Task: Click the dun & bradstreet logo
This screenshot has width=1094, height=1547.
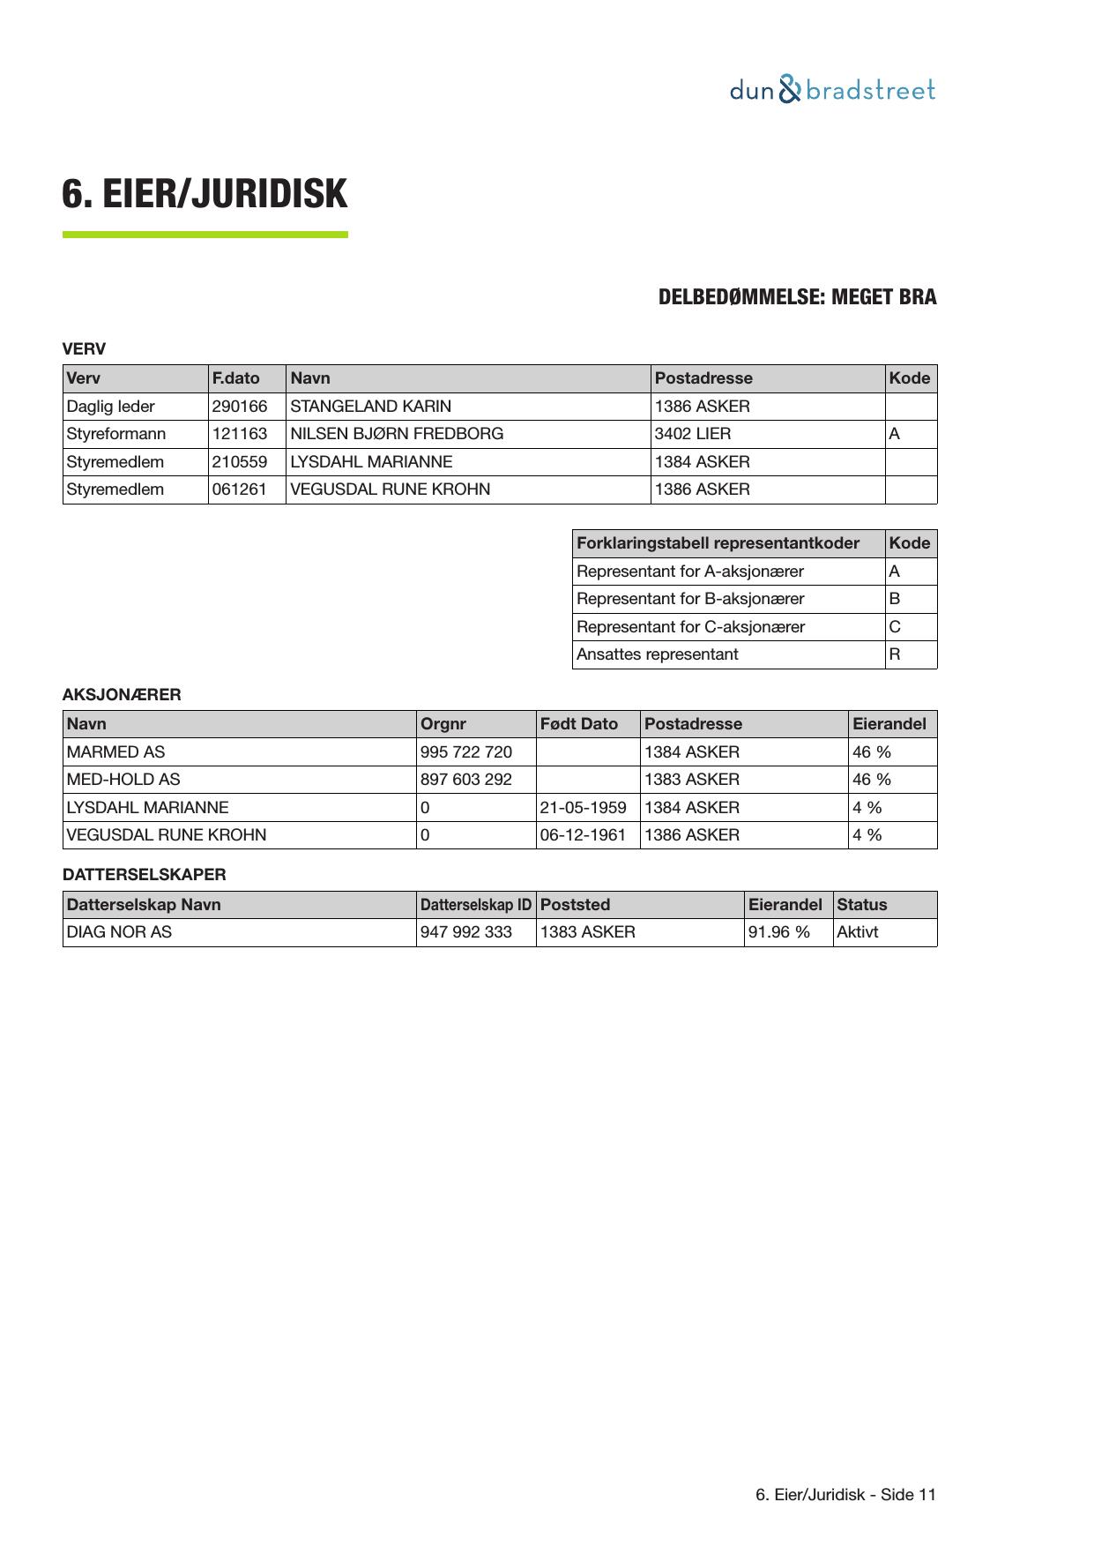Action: point(832,90)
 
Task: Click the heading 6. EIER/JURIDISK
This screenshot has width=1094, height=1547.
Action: point(205,194)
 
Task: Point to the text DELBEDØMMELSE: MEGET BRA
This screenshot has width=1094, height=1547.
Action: point(797,297)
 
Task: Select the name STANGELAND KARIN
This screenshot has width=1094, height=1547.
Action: point(370,407)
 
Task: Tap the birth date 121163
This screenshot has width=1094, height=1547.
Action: point(240,434)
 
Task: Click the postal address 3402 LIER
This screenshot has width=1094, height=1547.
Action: point(693,434)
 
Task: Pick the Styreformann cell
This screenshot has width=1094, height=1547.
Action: point(116,434)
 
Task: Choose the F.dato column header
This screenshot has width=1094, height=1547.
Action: point(236,378)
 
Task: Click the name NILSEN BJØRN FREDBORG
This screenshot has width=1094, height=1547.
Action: point(397,434)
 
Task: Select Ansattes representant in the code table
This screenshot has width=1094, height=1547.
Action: point(658,654)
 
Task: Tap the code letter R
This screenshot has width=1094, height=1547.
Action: point(895,654)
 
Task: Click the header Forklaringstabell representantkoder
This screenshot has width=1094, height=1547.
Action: point(718,543)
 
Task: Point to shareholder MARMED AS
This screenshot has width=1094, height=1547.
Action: point(115,752)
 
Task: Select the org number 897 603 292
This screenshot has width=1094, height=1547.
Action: point(466,780)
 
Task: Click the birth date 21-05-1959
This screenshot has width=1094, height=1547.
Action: point(584,808)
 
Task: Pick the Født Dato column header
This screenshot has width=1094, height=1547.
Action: point(579,724)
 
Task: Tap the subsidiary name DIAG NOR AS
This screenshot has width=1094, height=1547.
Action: point(119,932)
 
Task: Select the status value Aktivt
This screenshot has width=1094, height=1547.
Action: point(858,932)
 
